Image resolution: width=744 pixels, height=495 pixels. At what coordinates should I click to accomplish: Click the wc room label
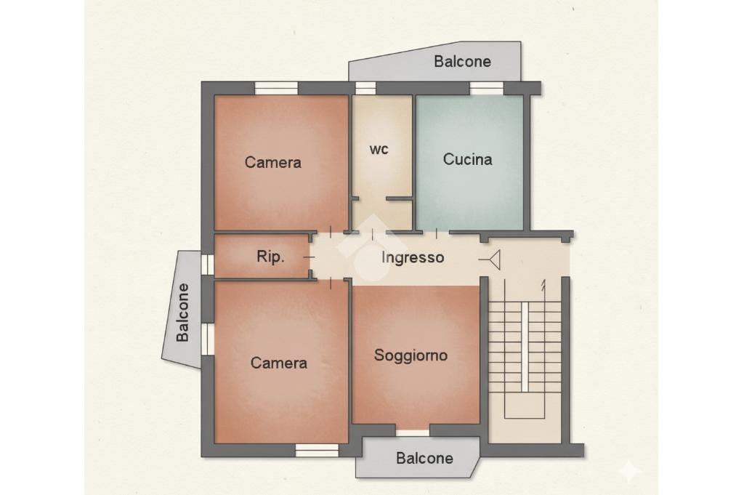(x=379, y=150)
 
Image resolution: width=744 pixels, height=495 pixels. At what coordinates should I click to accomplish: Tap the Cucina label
(x=467, y=159)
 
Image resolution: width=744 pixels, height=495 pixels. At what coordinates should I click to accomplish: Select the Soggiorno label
(x=411, y=355)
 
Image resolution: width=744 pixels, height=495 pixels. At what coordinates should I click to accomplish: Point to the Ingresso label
(x=413, y=258)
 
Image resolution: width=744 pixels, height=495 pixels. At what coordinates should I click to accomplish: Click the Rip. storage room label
(x=270, y=257)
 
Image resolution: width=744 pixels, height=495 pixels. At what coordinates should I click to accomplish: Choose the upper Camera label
(x=273, y=162)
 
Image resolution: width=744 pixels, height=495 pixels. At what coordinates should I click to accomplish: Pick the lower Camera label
(x=278, y=363)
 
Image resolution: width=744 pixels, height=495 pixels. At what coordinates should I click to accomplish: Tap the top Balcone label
(x=462, y=62)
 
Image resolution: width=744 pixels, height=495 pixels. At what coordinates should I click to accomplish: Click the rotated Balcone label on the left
(x=182, y=313)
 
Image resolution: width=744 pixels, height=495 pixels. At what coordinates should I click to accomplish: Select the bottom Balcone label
(x=424, y=459)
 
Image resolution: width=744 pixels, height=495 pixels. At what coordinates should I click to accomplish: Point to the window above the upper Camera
(x=276, y=88)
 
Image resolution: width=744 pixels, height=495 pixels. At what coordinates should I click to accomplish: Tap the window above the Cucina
(x=486, y=88)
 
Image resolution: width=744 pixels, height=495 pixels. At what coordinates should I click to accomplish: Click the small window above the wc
(x=365, y=88)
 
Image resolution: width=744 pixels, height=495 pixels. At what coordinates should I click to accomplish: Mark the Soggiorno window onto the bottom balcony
(x=413, y=432)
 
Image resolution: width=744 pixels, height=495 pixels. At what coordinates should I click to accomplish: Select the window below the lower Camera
(x=317, y=451)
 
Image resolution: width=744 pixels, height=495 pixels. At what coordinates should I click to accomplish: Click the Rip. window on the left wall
(x=207, y=265)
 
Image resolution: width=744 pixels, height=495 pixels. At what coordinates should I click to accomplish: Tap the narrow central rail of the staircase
(x=525, y=347)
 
